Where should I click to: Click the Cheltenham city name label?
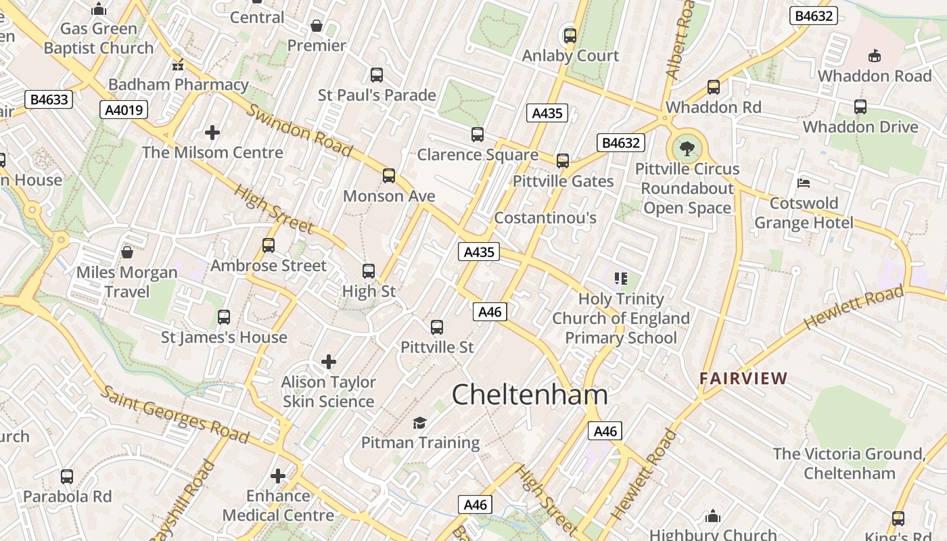529,395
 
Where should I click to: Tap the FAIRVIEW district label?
743,379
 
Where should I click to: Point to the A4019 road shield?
124,110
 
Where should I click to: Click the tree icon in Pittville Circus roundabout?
687,147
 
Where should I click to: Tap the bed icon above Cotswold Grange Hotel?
804,183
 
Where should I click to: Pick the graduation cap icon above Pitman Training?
420,423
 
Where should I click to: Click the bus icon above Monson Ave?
389,176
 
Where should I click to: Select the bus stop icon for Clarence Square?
478,135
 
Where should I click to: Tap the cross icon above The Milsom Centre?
212,133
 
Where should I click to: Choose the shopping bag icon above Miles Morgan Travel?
126,253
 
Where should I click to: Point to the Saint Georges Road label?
175,414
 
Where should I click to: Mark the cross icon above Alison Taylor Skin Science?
329,362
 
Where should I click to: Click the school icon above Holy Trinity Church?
621,279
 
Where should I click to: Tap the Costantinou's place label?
545,218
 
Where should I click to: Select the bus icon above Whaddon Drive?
860,107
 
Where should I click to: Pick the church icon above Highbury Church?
713,517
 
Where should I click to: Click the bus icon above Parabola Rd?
67,476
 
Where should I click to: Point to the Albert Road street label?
680,41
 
